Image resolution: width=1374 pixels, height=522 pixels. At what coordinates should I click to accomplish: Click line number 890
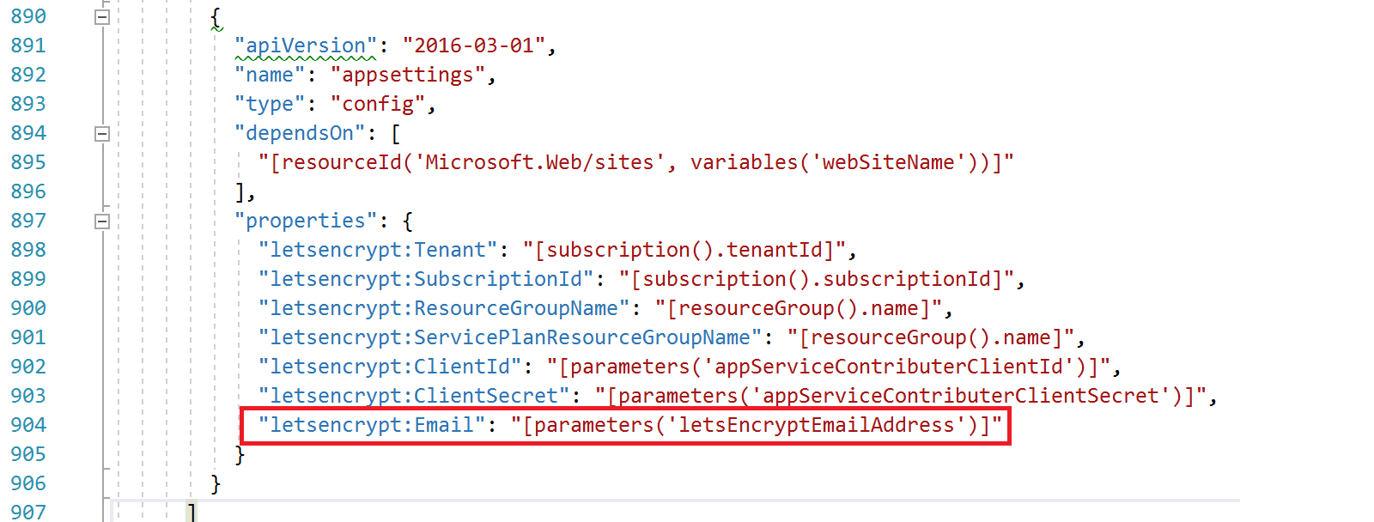click(x=28, y=16)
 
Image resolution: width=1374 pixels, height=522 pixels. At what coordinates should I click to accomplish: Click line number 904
click(x=28, y=425)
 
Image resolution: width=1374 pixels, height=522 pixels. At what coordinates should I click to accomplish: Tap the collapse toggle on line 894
click(x=102, y=134)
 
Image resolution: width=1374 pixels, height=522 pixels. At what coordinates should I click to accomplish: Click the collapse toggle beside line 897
click(x=102, y=222)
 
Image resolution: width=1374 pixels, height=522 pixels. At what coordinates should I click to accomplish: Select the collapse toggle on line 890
click(x=102, y=17)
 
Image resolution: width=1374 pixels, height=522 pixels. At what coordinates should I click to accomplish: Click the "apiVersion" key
click(x=306, y=46)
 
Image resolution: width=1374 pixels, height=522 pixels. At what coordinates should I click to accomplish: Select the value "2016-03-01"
click(x=473, y=46)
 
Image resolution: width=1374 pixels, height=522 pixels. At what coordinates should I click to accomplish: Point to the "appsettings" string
click(x=408, y=75)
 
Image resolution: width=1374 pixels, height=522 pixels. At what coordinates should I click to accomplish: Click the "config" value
click(x=378, y=104)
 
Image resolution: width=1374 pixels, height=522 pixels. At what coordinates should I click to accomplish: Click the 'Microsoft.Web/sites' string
click(x=539, y=162)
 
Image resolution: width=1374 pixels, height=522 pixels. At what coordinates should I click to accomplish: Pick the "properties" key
click(x=305, y=221)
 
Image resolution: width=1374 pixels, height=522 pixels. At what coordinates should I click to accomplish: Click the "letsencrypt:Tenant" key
click(x=378, y=250)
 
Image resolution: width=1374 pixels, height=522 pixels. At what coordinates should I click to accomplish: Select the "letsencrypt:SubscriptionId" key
click(x=426, y=279)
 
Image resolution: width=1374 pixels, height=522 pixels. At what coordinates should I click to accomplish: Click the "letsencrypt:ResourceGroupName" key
click(x=444, y=308)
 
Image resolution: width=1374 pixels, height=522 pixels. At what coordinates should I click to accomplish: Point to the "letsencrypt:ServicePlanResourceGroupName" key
click(x=510, y=337)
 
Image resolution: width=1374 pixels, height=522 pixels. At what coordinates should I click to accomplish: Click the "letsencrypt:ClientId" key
click(x=390, y=367)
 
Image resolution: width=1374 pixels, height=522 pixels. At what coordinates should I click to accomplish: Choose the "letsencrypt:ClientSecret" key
click(x=414, y=396)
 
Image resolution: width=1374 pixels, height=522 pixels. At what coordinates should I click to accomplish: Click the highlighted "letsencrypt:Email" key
click(x=372, y=425)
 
